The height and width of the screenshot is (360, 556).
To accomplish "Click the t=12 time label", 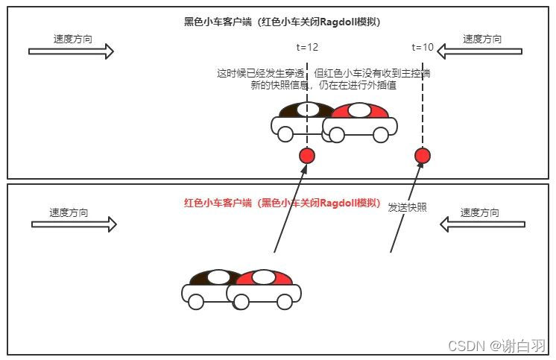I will (x=307, y=47).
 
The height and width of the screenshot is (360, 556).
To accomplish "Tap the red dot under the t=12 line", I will (x=307, y=156).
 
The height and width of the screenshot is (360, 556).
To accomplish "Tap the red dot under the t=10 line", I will (x=423, y=156).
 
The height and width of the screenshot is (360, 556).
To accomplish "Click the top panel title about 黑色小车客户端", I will (x=282, y=22).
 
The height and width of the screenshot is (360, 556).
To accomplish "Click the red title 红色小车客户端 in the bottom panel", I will (x=282, y=203).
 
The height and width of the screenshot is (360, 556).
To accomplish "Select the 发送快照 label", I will (x=407, y=208).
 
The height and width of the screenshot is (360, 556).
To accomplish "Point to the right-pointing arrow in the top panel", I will (x=71, y=51).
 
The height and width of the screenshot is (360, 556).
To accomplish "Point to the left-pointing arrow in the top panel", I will (x=480, y=51).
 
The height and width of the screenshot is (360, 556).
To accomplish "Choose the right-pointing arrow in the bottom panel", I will (x=75, y=224).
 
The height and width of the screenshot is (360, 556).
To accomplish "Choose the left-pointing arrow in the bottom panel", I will (x=483, y=224).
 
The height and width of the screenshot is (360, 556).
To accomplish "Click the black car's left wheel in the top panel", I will (x=285, y=134).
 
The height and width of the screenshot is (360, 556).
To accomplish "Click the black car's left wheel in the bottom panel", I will (x=195, y=301).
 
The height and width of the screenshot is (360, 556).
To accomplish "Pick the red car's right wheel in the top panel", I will (x=381, y=135).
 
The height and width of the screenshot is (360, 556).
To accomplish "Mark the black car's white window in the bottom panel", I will (x=218, y=277).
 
